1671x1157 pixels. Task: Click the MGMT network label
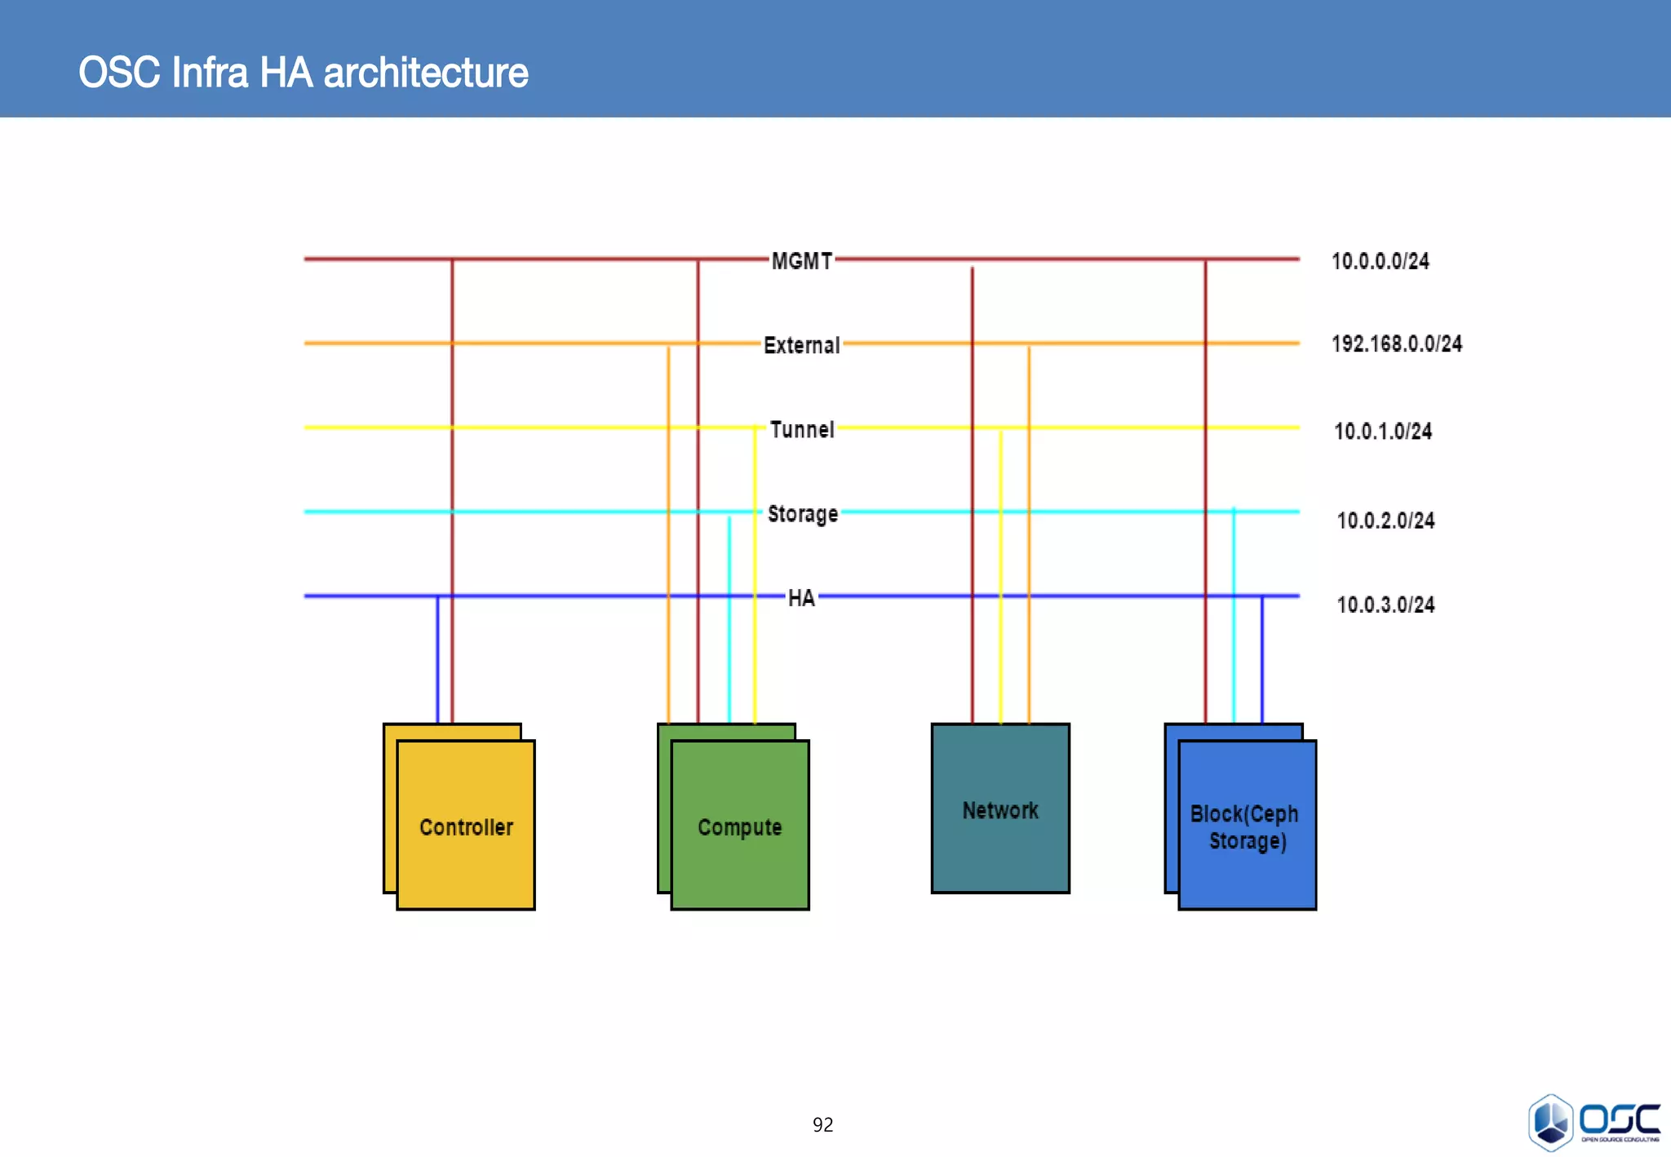pos(801,261)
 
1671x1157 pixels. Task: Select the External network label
pos(801,345)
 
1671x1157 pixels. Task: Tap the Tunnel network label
pos(802,429)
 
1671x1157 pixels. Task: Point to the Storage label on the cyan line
pos(802,514)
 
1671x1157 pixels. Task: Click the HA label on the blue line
pos(801,598)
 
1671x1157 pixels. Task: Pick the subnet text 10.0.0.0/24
pos(1380,261)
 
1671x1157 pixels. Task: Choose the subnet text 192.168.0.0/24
pos(1396,344)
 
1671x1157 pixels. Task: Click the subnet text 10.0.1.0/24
pos(1382,431)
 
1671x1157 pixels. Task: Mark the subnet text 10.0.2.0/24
pos(1385,520)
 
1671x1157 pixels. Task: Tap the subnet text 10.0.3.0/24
pos(1385,605)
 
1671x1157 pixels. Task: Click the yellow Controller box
pos(466,826)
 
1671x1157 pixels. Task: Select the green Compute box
pos(740,826)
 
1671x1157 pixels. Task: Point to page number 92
pos(822,1125)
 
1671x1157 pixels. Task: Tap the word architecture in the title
pos(425,73)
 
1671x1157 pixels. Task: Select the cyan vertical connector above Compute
pos(729,620)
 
